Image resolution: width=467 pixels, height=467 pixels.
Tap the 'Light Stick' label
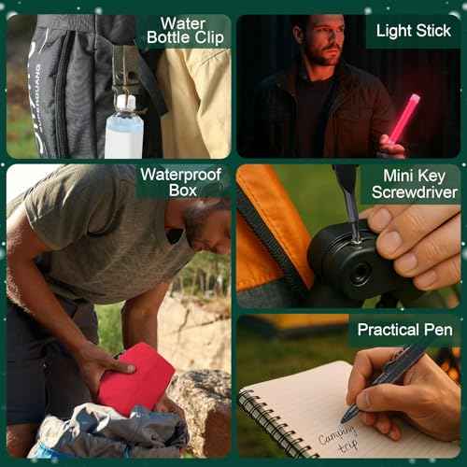pos(413,31)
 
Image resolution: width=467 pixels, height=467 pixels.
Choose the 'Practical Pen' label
pos(404,330)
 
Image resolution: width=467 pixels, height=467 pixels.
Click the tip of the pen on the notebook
pos(347,419)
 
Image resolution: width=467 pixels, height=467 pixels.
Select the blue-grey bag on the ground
pos(103,430)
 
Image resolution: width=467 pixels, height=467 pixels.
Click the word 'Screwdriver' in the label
pos(414,192)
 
